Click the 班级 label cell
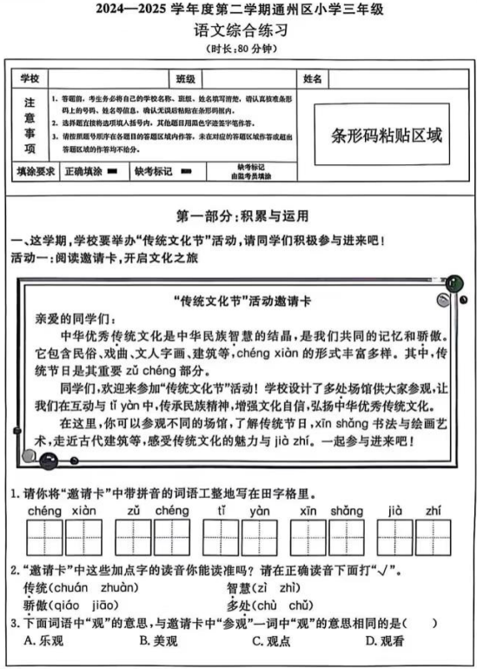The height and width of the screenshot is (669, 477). click(x=185, y=78)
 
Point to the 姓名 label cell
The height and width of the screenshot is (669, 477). click(x=313, y=78)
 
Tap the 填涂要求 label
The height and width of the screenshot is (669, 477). click(x=36, y=171)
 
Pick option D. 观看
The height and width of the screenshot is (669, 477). click(x=382, y=641)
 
